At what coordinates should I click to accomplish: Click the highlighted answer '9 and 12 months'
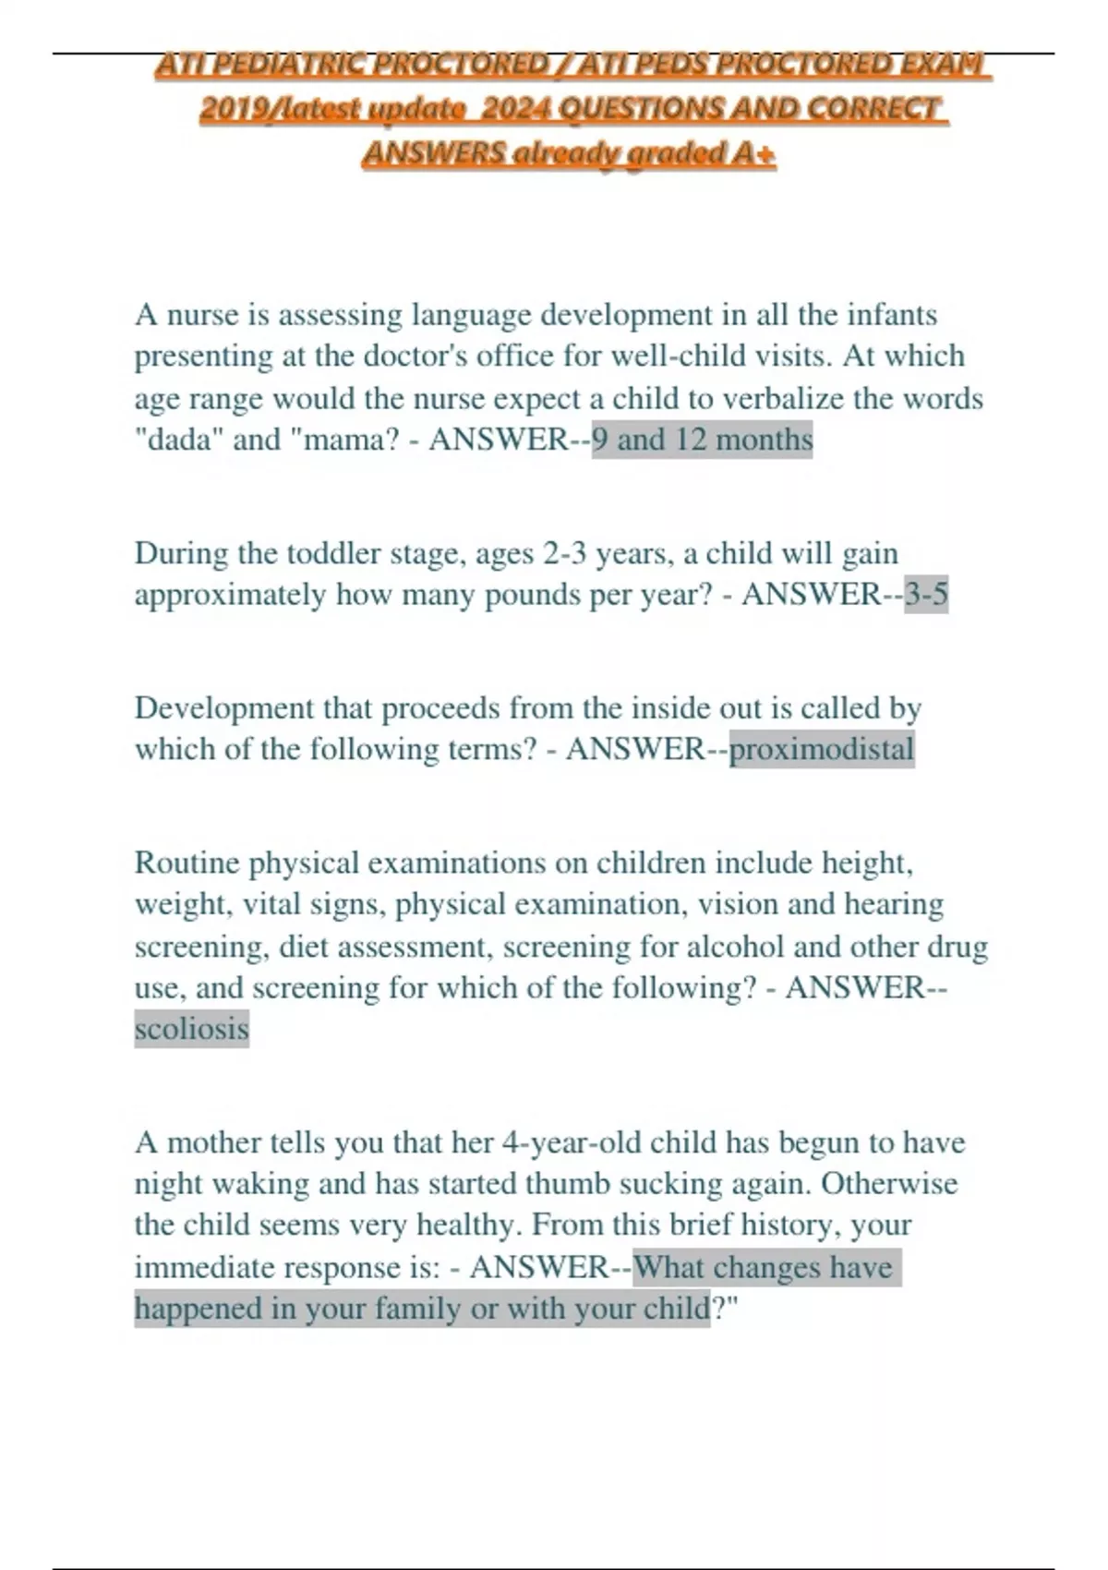tap(702, 439)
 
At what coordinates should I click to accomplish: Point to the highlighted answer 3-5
tap(925, 594)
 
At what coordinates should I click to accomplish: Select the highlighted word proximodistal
tap(821, 749)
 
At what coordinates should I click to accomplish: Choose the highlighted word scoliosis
tap(191, 1028)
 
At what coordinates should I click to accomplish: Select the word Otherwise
tap(888, 1183)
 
